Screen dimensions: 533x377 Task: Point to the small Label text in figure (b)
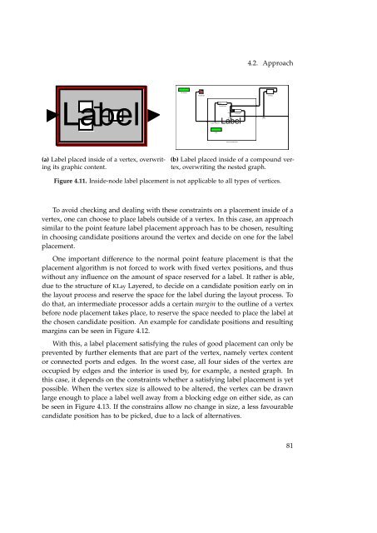pos(230,121)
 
